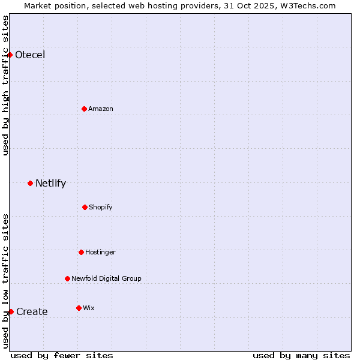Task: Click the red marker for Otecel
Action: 10,55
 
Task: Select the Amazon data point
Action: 85,109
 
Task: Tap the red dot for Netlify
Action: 31,183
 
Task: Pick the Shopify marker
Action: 85,207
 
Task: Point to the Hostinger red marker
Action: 81,252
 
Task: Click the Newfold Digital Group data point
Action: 67,278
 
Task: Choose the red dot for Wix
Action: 79,308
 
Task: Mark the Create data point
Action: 11,311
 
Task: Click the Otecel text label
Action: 30,55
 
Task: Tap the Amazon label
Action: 101,109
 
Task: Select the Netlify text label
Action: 50,184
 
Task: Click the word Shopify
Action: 101,207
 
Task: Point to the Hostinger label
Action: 100,252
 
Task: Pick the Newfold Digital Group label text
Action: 106,278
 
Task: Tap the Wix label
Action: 88,308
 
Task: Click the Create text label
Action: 32,311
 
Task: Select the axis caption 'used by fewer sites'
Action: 62,355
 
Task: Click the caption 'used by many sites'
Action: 301,355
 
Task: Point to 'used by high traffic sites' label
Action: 5,85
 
